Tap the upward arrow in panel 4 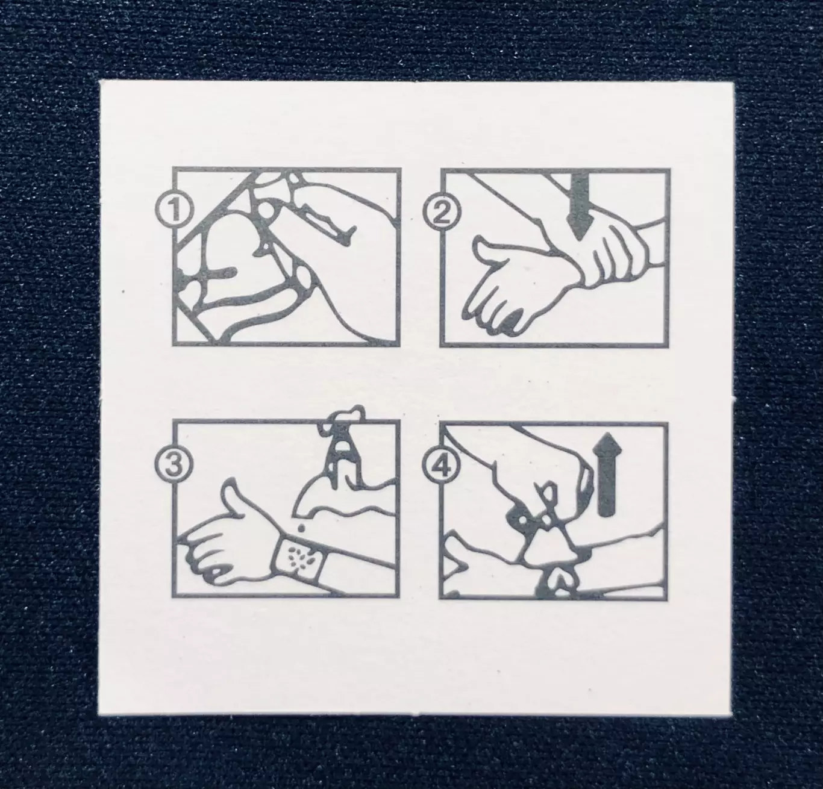(606, 474)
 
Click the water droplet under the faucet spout (301, 527)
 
